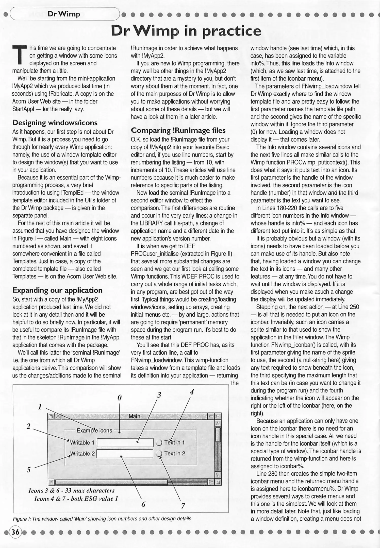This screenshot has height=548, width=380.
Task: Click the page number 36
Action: pyautogui.click(x=15, y=532)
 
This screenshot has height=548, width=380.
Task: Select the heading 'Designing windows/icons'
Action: pyautogui.click(x=55, y=123)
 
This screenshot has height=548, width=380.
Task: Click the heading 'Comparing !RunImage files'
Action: pyautogui.click(x=178, y=130)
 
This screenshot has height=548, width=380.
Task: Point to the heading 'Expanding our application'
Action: pyautogui.click(x=57, y=290)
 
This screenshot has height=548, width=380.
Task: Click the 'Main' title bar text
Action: pyautogui.click(x=134, y=416)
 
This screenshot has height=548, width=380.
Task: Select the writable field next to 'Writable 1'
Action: pyautogui.click(x=125, y=442)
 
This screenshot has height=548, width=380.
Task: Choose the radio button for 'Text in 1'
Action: pyautogui.click(x=159, y=443)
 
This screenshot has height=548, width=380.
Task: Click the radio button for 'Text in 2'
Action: pyautogui.click(x=159, y=454)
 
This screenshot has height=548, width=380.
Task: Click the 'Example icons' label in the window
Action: pyautogui.click(x=94, y=431)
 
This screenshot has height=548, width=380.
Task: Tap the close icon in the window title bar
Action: pyautogui.click(x=58, y=416)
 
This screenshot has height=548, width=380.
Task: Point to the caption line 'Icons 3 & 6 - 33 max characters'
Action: pyautogui.click(x=72, y=490)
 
